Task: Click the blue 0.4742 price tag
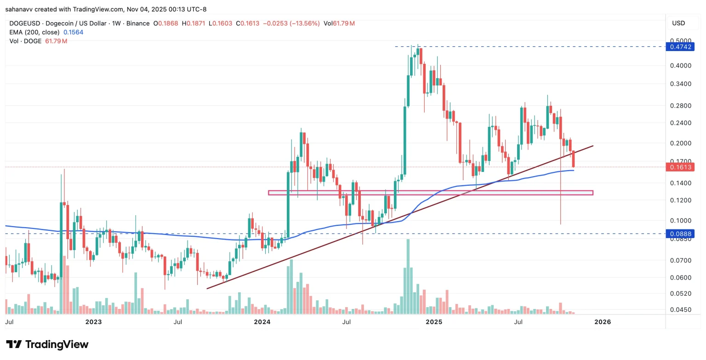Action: pos(679,46)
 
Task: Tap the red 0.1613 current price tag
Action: pos(679,167)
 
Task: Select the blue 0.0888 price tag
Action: pos(679,234)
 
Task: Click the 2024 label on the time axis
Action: pos(262,322)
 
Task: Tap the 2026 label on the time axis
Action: pos(603,322)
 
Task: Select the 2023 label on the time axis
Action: pos(93,322)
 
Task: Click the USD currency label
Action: pos(678,23)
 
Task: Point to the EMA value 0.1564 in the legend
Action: pos(73,32)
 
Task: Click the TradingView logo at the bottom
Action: pos(47,344)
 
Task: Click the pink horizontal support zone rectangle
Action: pos(430,193)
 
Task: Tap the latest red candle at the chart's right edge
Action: pos(573,160)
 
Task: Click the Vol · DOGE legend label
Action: pos(25,41)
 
